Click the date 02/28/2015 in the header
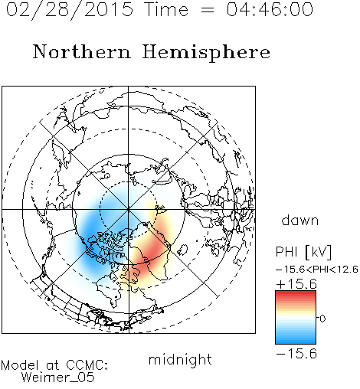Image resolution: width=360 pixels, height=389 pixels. click(70, 10)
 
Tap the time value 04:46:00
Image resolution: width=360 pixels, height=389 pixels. click(270, 9)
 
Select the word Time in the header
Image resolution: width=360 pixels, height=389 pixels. click(166, 9)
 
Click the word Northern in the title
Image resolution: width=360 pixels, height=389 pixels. click(82, 51)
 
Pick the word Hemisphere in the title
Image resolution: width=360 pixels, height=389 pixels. click(206, 53)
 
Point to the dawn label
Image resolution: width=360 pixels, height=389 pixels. click(300, 220)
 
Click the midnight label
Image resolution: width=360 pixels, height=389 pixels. click(180, 360)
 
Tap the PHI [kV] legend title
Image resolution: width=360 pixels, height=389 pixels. click(303, 253)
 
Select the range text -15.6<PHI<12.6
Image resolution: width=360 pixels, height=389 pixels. click(317, 270)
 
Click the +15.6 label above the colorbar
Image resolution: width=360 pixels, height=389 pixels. click(296, 284)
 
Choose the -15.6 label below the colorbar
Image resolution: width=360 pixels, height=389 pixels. click(296, 354)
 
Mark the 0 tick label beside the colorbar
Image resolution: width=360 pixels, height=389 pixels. click(322, 319)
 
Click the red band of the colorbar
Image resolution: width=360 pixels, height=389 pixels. click(296, 297)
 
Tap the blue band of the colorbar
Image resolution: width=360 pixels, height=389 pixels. click(296, 338)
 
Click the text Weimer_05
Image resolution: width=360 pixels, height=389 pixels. click(58, 378)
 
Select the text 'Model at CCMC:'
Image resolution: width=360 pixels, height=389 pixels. click(54, 365)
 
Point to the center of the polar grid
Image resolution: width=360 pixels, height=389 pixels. click(129, 209)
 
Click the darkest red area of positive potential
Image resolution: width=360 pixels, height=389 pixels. click(151, 251)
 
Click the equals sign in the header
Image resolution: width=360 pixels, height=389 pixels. click(207, 10)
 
